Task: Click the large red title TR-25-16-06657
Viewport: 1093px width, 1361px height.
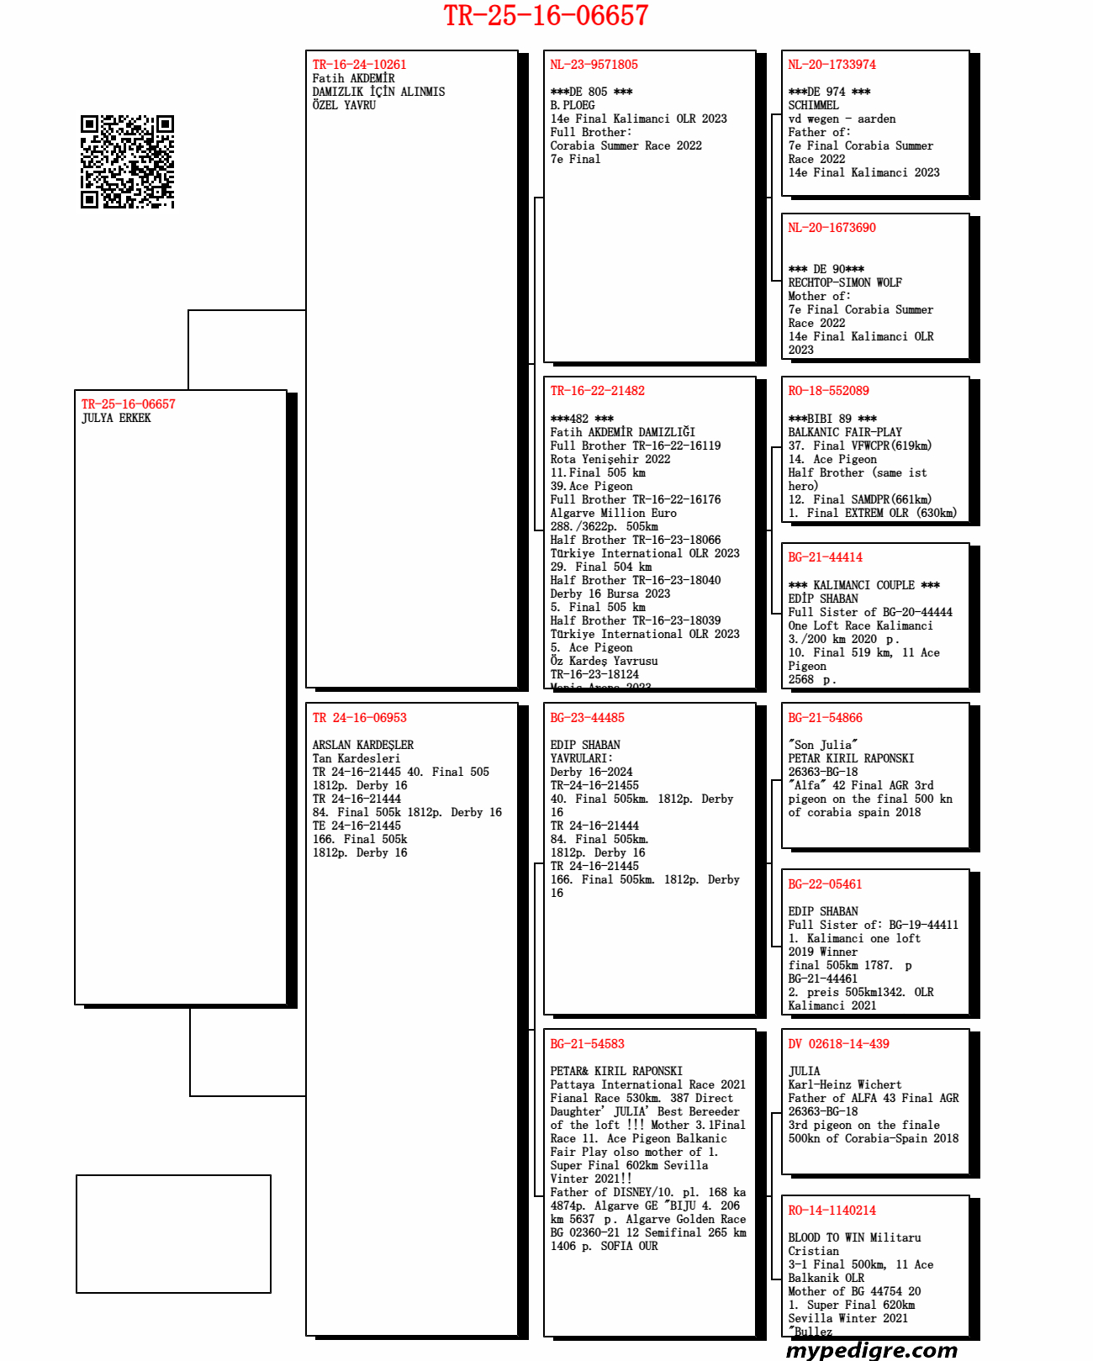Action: coord(546,16)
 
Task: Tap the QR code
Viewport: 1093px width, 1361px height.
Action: coord(127,161)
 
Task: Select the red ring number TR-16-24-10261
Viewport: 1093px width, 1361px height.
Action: coord(359,65)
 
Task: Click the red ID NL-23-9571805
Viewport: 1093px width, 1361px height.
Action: coord(594,65)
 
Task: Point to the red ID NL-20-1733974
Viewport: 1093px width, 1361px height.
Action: coord(832,65)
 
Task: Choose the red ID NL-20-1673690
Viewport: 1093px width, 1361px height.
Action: coord(832,228)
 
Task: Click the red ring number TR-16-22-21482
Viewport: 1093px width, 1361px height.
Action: coord(597,391)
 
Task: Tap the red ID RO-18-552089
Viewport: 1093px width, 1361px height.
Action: coord(828,391)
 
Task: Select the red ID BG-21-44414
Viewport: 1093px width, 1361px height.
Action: coord(825,557)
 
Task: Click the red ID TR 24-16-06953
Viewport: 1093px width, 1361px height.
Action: coord(359,718)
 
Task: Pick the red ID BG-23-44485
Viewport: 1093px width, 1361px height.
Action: coord(587,718)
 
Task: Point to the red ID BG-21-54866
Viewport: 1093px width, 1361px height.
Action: coord(825,718)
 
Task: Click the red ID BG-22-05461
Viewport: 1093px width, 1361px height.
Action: coord(825,884)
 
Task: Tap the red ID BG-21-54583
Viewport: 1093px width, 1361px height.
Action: coord(587,1044)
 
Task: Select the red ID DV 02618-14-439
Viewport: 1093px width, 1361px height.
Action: coord(838,1044)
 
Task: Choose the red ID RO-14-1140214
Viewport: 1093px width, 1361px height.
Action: coord(832,1211)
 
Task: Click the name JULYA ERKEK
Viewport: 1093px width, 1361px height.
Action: coord(116,418)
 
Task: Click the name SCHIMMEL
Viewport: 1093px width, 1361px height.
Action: coord(813,105)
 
